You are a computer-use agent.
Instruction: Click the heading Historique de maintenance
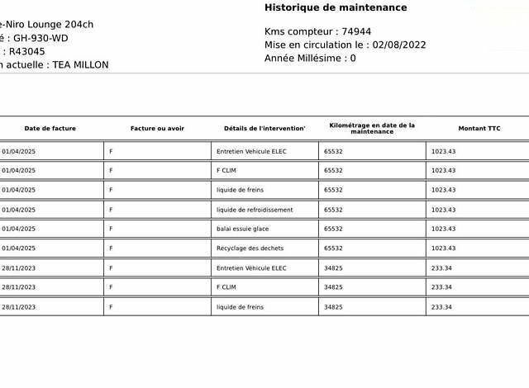(336, 7)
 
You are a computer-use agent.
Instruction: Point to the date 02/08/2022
(399, 45)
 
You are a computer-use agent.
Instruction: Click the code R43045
(27, 51)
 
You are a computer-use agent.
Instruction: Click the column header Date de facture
(50, 129)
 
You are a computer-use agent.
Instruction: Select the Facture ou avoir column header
(157, 129)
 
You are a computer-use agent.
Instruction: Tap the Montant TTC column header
(479, 129)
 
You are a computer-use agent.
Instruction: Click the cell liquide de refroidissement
(255, 210)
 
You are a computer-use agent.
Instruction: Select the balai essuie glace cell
(242, 229)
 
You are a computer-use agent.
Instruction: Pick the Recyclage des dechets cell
(250, 248)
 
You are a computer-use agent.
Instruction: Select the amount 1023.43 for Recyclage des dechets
(443, 248)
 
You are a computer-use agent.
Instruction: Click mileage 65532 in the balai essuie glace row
(333, 229)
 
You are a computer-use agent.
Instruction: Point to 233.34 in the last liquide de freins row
(441, 307)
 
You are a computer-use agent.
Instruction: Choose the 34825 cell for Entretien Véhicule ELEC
(333, 268)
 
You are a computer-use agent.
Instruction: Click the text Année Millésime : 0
(310, 59)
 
